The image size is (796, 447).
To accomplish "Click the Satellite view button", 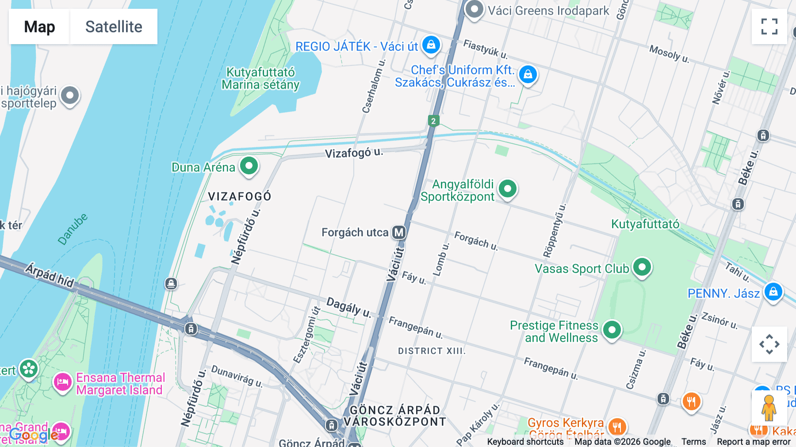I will click(114, 27).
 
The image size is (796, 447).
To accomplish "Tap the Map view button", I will click(39, 27).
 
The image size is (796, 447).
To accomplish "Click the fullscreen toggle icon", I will click(769, 27).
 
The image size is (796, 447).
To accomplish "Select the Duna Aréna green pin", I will click(249, 166).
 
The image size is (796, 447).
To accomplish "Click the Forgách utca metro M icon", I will click(399, 232).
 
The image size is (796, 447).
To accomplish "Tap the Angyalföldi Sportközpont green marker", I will click(507, 189).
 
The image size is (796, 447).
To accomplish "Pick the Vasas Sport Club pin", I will click(642, 267).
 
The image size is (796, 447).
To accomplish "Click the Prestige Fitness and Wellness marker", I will click(612, 330).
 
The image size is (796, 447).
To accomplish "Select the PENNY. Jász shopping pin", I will click(773, 292).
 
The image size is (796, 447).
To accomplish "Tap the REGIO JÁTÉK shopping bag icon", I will click(431, 45).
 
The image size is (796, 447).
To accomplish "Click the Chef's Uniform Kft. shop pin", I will click(528, 74).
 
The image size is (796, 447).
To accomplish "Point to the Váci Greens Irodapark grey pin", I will click(474, 9).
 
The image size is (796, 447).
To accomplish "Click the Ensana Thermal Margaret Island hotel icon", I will click(62, 382).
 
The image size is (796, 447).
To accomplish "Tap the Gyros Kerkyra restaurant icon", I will click(617, 427).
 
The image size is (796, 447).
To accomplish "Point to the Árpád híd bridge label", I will click(50, 275).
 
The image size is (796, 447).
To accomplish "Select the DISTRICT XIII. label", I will click(432, 351).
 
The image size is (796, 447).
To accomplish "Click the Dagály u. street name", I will click(348, 307).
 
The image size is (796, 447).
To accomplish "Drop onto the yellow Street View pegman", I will click(769, 408).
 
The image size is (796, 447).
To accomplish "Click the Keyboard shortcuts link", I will click(525, 442).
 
